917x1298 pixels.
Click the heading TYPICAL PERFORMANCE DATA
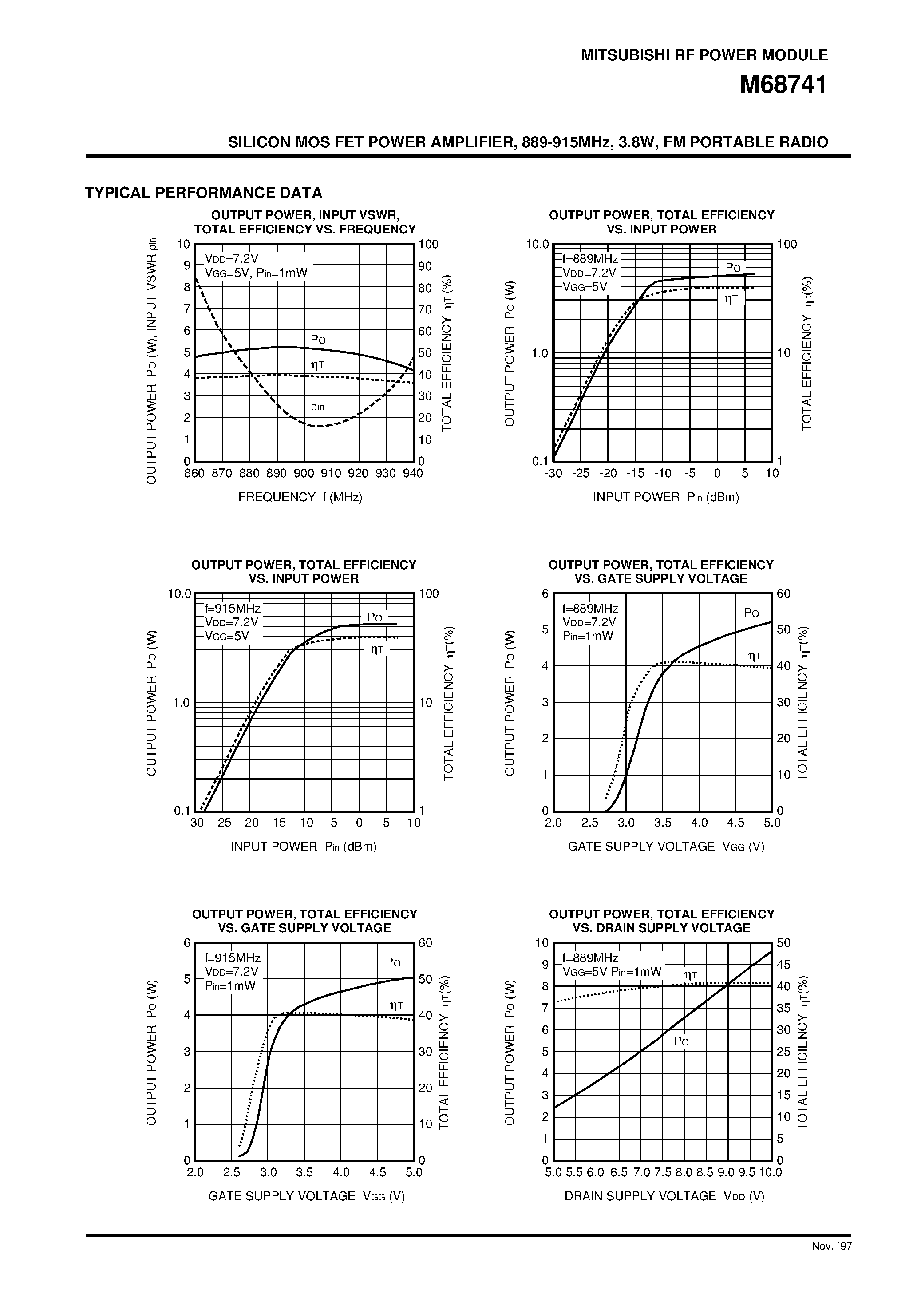pyautogui.click(x=204, y=193)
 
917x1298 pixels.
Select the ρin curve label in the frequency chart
pyautogui.click(x=318, y=407)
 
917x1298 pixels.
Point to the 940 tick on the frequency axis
pyautogui.click(x=413, y=473)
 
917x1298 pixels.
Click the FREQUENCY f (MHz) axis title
pyautogui.click(x=300, y=497)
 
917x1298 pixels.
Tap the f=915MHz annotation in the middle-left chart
pyautogui.click(x=233, y=608)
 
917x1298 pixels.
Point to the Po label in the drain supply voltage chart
pyautogui.click(x=681, y=1041)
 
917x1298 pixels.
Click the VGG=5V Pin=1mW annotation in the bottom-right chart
pyautogui.click(x=612, y=972)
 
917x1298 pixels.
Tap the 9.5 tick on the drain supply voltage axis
pyautogui.click(x=747, y=1172)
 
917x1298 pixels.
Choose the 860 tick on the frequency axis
pyautogui.click(x=194, y=473)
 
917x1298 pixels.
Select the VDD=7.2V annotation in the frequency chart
pyautogui.click(x=231, y=259)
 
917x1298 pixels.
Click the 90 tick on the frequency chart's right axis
pyautogui.click(x=425, y=266)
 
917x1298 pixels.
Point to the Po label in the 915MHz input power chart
pyautogui.click(x=375, y=617)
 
